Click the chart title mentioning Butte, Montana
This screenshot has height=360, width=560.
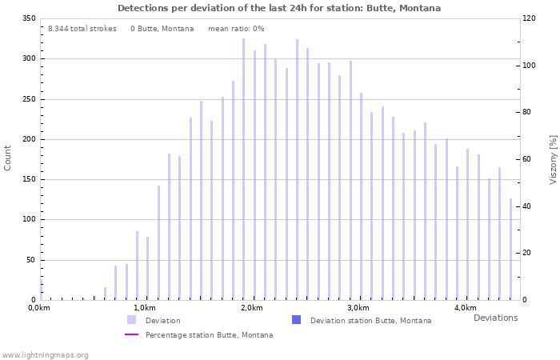279,8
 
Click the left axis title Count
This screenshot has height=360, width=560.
8,158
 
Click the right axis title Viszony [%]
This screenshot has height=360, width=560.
553,159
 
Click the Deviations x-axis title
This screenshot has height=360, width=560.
495,318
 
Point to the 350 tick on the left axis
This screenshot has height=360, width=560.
29,18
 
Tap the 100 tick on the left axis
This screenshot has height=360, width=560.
29,219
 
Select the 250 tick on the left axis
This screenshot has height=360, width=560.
29,99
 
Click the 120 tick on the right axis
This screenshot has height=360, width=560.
528,18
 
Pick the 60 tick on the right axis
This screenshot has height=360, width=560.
526,159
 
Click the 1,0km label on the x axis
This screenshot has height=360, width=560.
144,308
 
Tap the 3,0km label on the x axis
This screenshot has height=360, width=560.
358,308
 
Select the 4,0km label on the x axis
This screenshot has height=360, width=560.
465,308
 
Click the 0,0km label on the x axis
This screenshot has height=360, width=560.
39,308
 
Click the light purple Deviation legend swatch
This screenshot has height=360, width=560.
131,320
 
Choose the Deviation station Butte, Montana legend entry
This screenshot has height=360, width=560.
370,320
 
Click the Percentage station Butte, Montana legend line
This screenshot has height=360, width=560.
131,334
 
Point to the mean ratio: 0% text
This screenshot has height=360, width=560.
236,29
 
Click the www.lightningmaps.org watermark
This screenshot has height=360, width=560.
46,354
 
